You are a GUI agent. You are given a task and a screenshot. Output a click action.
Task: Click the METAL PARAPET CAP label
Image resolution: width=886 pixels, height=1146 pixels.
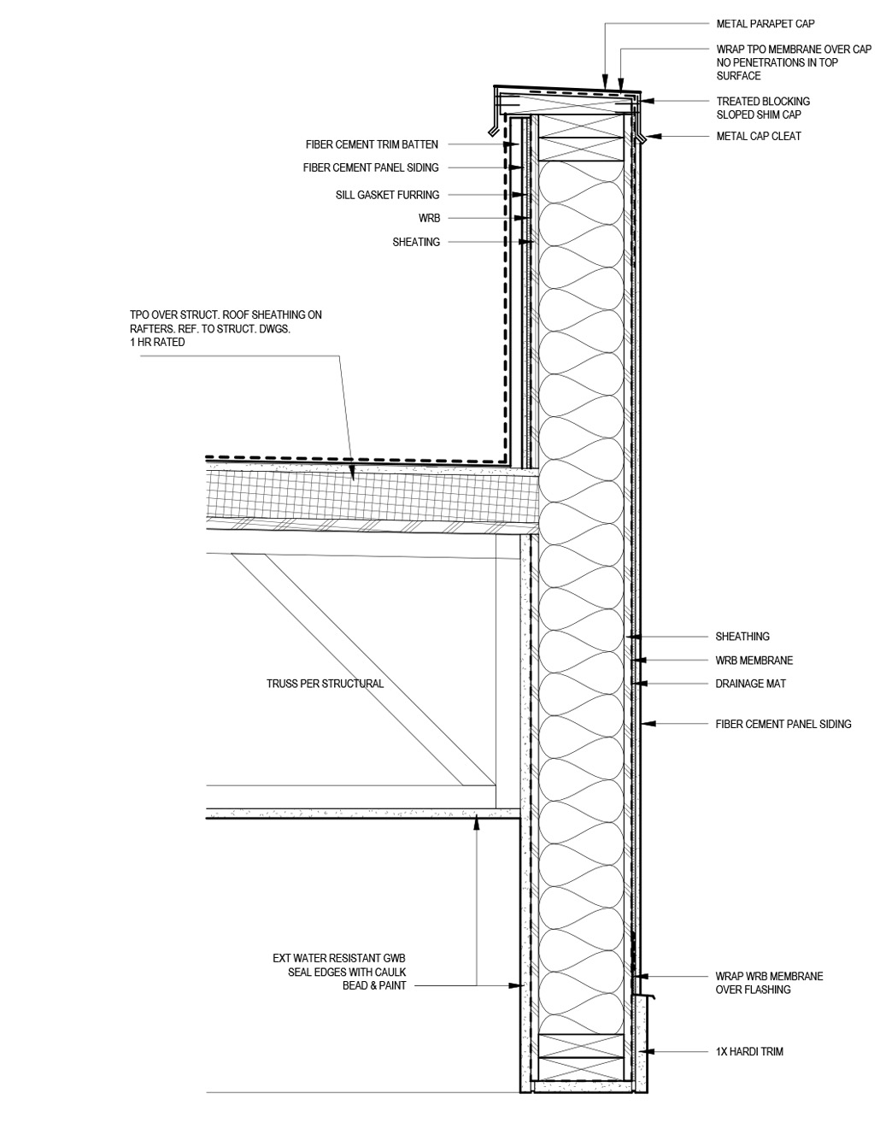(765, 24)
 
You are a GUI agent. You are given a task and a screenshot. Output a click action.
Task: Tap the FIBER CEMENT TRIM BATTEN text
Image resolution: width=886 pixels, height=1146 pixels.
(372, 144)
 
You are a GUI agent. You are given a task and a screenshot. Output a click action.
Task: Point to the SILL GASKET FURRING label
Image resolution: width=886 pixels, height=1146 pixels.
(387, 195)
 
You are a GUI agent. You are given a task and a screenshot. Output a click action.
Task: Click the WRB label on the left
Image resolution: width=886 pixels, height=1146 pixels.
(429, 218)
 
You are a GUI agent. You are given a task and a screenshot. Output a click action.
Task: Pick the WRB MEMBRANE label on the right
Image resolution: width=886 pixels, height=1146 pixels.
(754, 661)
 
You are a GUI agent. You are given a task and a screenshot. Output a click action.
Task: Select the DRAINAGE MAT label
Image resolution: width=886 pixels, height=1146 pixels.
(750, 684)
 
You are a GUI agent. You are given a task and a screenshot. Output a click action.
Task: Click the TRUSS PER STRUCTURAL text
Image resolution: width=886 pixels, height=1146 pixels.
(325, 684)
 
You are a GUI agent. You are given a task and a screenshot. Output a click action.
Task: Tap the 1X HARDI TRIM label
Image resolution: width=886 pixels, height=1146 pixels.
(749, 1052)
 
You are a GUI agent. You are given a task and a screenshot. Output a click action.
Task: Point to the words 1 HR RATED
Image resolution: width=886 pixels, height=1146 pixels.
(157, 343)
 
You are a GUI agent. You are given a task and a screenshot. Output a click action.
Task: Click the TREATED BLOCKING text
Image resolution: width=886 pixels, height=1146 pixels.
(763, 101)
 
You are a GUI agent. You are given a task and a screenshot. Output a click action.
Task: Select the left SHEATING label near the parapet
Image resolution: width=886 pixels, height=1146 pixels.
(416, 242)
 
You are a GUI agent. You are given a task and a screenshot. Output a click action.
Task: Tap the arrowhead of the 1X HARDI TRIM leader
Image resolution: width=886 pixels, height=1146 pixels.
(646, 1051)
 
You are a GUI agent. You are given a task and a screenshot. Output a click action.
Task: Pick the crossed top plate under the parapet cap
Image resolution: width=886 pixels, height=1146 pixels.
(580, 138)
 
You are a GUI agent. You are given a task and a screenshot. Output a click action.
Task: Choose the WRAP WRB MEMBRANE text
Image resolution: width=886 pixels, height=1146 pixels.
(769, 976)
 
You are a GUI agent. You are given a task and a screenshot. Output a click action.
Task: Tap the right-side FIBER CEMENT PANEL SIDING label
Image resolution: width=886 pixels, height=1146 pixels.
(783, 724)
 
